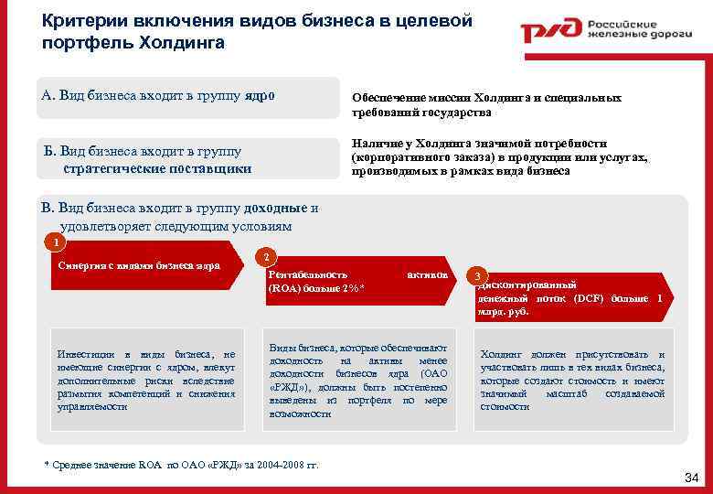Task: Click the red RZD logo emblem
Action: [x=549, y=32]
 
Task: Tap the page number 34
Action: [x=691, y=478]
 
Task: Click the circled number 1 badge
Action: [x=56, y=242]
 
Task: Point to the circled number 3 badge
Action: [x=476, y=275]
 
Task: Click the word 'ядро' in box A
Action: [x=259, y=95]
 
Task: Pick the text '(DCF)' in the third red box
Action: [x=574, y=298]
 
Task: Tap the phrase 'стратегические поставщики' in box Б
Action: [x=157, y=168]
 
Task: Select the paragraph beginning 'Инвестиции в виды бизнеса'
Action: [x=145, y=380]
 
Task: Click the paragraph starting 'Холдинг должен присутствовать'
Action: [x=572, y=380]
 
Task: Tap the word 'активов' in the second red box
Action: [x=427, y=274]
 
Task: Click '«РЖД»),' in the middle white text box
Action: [x=289, y=387]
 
